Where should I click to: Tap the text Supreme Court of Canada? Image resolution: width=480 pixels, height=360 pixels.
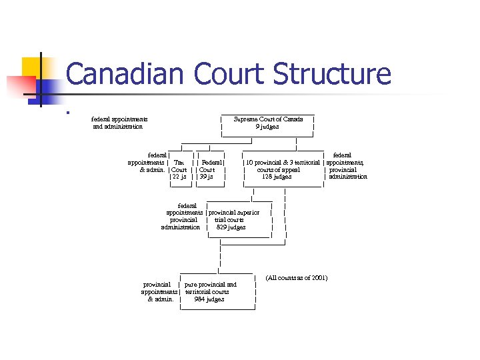[268, 119]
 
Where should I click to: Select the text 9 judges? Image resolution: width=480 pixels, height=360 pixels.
[267, 127]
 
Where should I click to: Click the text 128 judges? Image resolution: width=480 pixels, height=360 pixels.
[277, 177]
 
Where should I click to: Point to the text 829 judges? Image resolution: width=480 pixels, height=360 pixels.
[231, 227]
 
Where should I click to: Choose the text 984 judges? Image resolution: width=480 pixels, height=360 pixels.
[209, 299]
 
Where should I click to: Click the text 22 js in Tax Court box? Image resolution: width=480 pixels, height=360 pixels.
[179, 177]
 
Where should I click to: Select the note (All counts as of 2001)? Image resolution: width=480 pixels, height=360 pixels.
[296, 277]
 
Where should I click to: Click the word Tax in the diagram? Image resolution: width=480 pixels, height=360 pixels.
[179, 162]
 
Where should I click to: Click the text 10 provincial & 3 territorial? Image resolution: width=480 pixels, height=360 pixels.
[283, 162]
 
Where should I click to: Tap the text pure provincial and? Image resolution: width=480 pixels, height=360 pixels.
[210, 285]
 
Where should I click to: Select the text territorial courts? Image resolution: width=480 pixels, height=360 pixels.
[207, 292]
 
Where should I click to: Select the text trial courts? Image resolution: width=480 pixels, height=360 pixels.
[229, 220]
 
